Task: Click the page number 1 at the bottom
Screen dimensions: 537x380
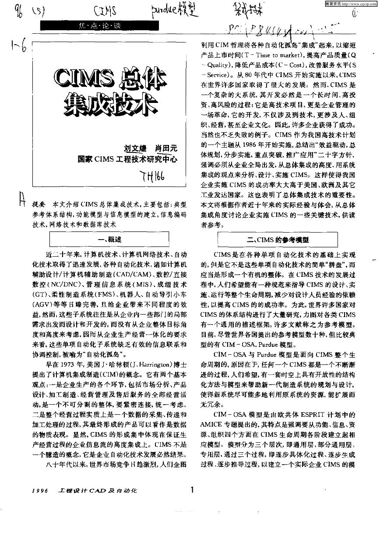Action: (x=192, y=491)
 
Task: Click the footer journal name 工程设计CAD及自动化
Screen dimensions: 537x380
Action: (x=98, y=491)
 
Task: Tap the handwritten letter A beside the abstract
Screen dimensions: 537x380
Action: (x=21, y=200)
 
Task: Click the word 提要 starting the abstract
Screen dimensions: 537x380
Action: (x=39, y=205)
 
